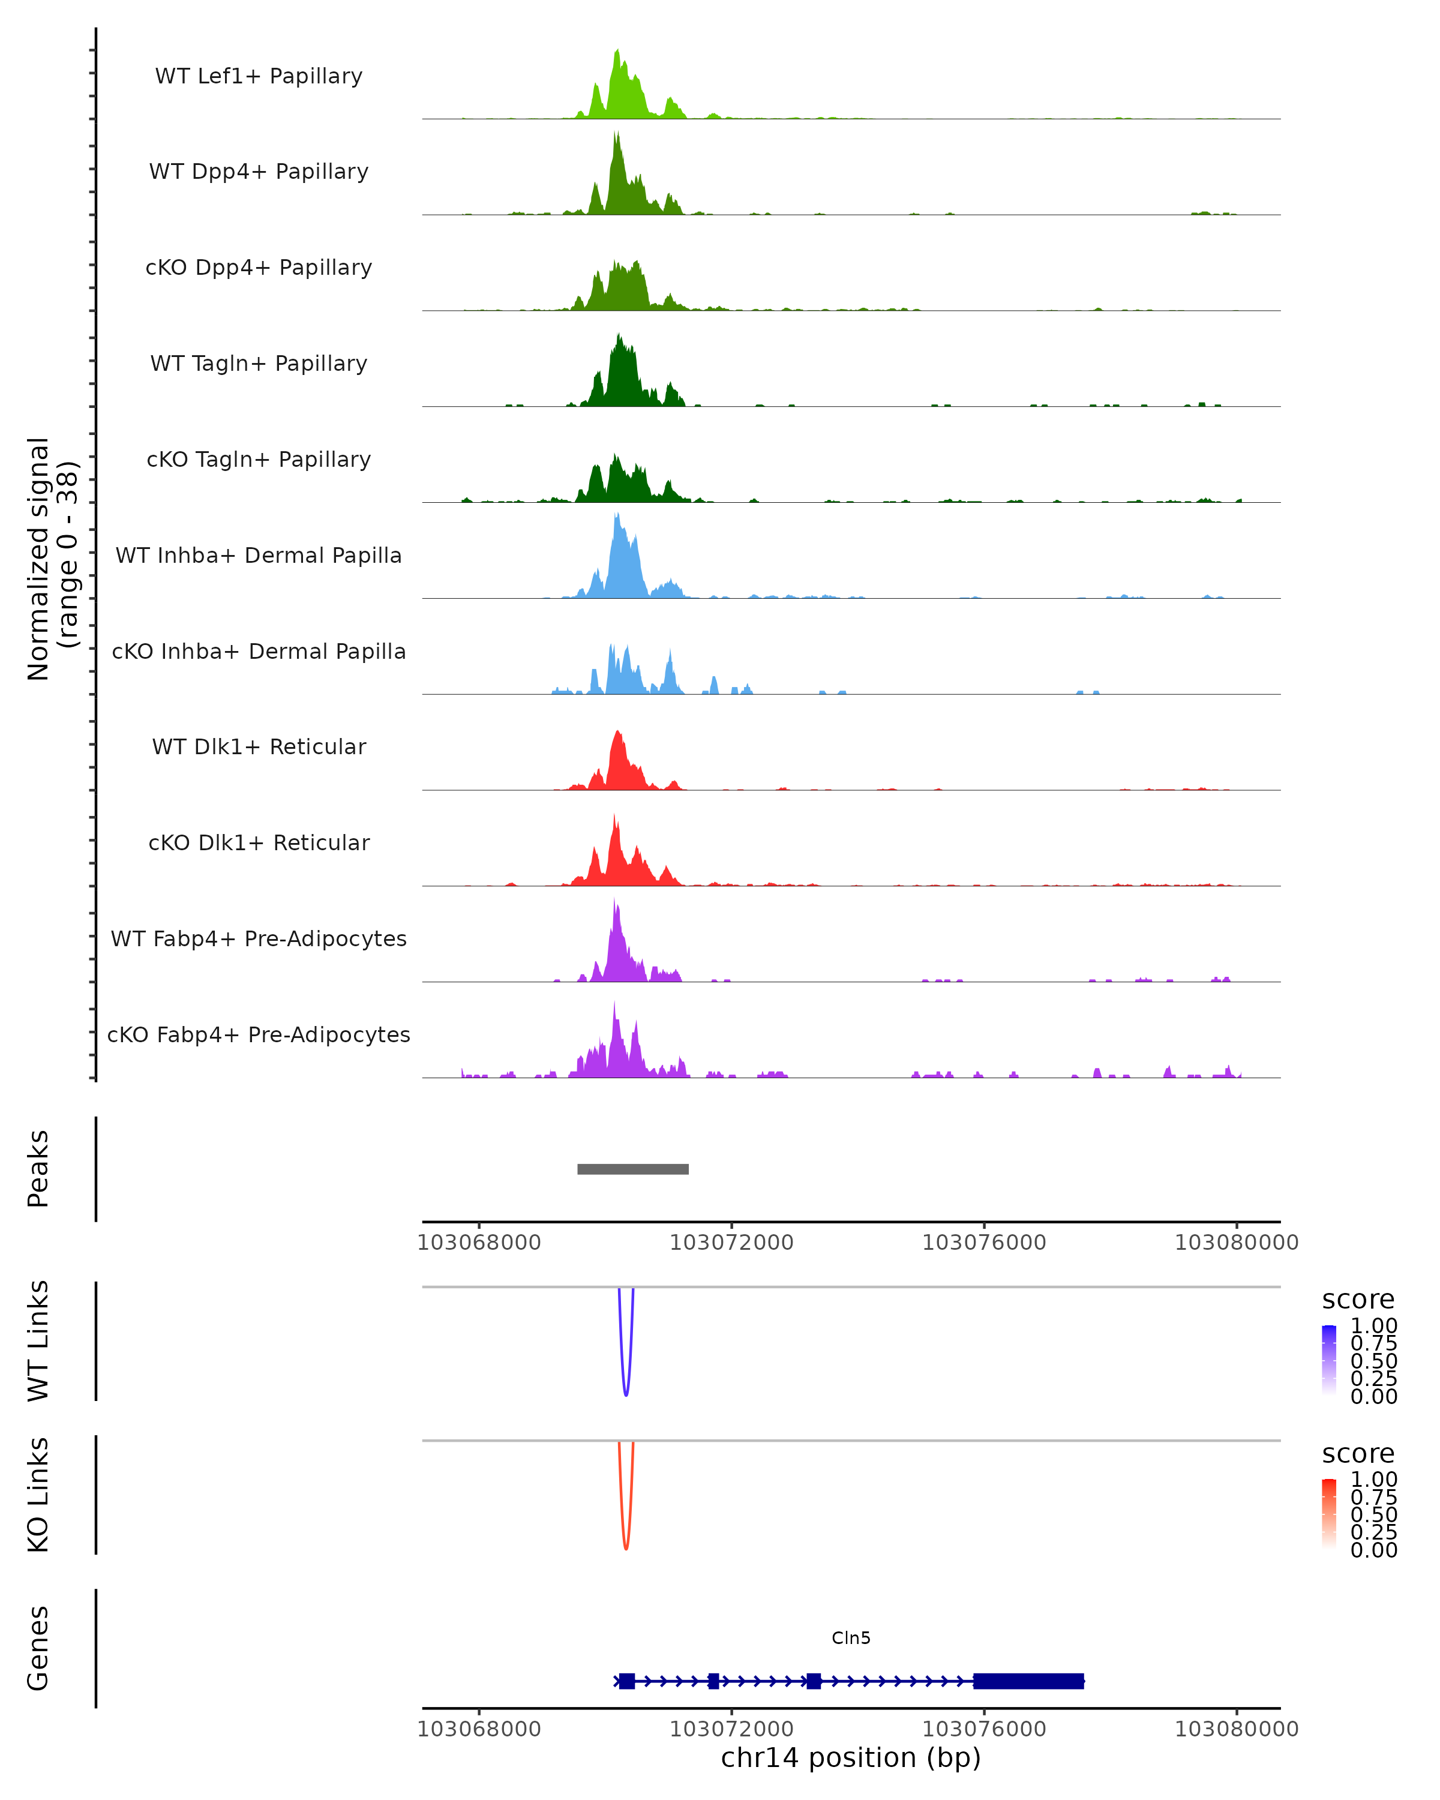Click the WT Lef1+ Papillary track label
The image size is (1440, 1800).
[259, 76]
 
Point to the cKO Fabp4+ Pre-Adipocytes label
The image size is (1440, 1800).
[259, 1034]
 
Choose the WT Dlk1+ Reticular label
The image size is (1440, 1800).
[259, 746]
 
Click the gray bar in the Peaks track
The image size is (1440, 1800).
[633, 1169]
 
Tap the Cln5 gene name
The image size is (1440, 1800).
[851, 1638]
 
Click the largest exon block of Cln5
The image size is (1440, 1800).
[1028, 1681]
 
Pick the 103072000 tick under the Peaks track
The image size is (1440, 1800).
[731, 1243]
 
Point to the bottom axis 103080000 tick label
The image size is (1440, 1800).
[1237, 1729]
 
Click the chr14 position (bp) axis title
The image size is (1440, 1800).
[851, 1757]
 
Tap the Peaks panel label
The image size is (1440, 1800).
[38, 1169]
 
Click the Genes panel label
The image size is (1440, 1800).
[38, 1648]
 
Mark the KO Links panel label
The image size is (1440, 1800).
[38, 1495]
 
